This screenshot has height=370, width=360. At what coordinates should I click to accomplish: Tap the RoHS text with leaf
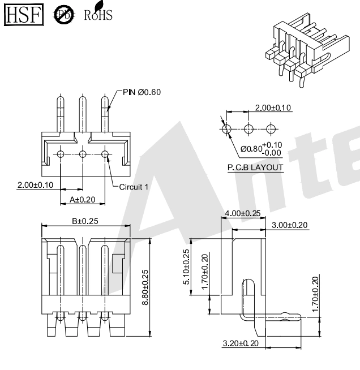pyautogui.click(x=97, y=14)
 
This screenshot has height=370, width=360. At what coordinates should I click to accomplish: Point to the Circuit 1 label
pyautogui.click(x=134, y=186)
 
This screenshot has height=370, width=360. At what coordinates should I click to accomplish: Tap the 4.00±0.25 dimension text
pyautogui.click(x=243, y=213)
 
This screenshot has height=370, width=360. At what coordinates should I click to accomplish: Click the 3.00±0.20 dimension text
pyautogui.click(x=290, y=225)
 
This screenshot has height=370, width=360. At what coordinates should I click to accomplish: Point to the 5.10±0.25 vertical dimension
pyautogui.click(x=187, y=266)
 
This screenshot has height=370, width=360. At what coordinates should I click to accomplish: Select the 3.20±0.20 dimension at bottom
pyautogui.click(x=241, y=343)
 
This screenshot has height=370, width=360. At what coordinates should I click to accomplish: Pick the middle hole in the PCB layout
pyautogui.click(x=248, y=129)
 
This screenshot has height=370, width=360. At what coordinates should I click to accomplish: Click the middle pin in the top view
pyautogui.click(x=83, y=116)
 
